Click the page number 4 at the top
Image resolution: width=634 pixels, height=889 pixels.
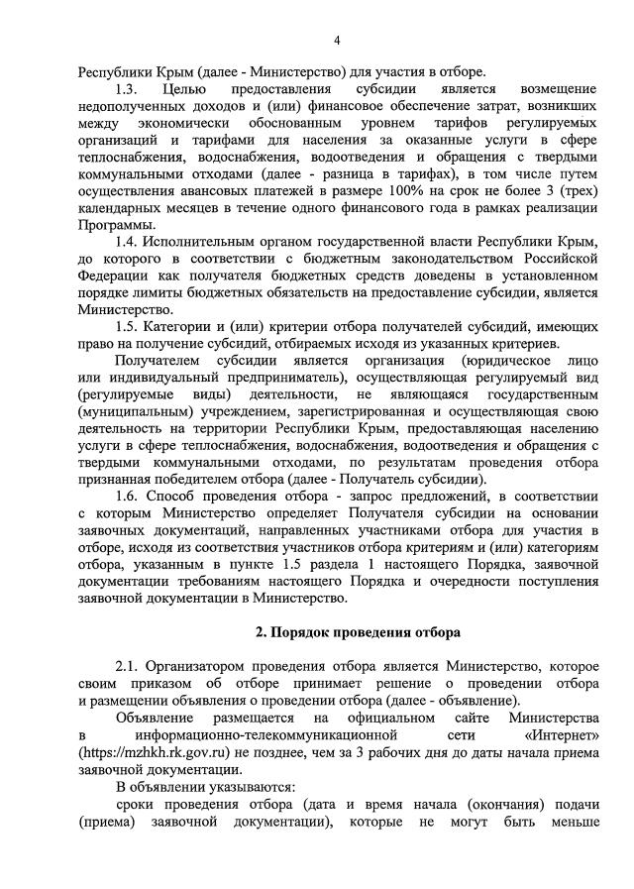337,40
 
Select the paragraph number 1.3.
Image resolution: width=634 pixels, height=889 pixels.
128,90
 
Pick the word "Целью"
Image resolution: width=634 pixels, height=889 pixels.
184,90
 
